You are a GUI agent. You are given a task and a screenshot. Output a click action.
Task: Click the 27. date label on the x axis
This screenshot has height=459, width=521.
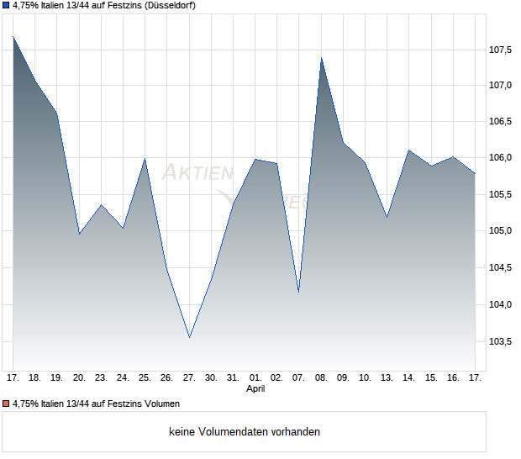[189, 378]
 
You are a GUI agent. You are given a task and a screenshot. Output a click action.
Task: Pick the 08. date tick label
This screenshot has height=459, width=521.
[321, 378]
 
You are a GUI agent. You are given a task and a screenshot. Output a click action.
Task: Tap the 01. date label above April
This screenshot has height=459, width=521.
[255, 378]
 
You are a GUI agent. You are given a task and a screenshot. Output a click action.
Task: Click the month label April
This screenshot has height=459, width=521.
[255, 389]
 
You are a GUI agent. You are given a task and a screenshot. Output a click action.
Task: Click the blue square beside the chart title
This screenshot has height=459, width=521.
[6, 6]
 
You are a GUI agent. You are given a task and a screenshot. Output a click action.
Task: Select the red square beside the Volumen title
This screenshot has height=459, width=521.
[6, 404]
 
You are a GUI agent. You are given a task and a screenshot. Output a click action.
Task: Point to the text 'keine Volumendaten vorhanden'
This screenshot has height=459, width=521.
[245, 432]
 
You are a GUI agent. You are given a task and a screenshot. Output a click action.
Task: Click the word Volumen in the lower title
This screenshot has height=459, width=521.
[161, 404]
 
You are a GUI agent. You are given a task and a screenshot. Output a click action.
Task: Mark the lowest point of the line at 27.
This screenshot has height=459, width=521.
[189, 337]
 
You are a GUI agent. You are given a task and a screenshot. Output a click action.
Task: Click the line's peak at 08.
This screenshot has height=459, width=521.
[321, 57]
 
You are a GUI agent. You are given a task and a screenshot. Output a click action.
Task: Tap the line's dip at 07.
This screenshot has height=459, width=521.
[299, 293]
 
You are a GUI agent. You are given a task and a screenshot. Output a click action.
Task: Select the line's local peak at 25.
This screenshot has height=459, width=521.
[145, 158]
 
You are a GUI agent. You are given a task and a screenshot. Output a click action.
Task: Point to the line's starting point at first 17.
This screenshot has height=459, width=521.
[13, 36]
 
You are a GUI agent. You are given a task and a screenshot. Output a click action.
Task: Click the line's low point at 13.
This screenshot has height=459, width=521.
[387, 217]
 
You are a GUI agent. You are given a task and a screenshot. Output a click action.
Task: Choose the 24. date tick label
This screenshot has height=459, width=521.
[123, 378]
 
